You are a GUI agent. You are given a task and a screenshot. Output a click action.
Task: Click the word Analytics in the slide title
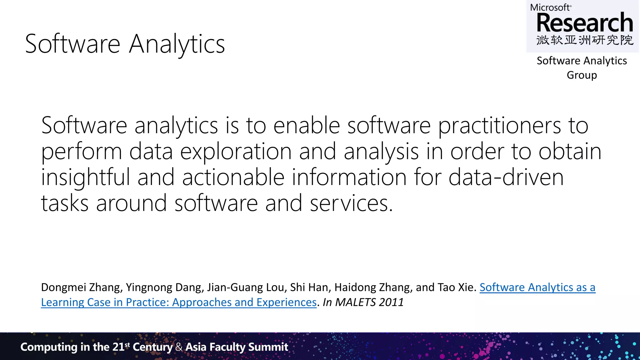point(177,44)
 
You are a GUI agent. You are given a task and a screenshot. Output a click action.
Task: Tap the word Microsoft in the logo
point(550,7)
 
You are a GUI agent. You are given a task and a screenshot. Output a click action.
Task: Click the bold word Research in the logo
point(585,23)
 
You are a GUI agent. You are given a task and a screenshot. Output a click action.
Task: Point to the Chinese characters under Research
point(585,40)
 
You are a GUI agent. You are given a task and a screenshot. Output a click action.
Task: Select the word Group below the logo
point(582,75)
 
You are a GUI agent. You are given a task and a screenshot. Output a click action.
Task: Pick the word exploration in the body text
point(236,152)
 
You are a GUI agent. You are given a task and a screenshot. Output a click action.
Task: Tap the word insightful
point(85,177)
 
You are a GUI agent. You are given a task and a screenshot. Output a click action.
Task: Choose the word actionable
point(233,177)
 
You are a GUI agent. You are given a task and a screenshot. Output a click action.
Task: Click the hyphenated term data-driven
point(506,177)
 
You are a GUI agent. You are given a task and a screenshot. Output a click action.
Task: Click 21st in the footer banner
point(121,347)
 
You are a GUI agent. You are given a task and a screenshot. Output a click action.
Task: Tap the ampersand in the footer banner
point(179,347)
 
